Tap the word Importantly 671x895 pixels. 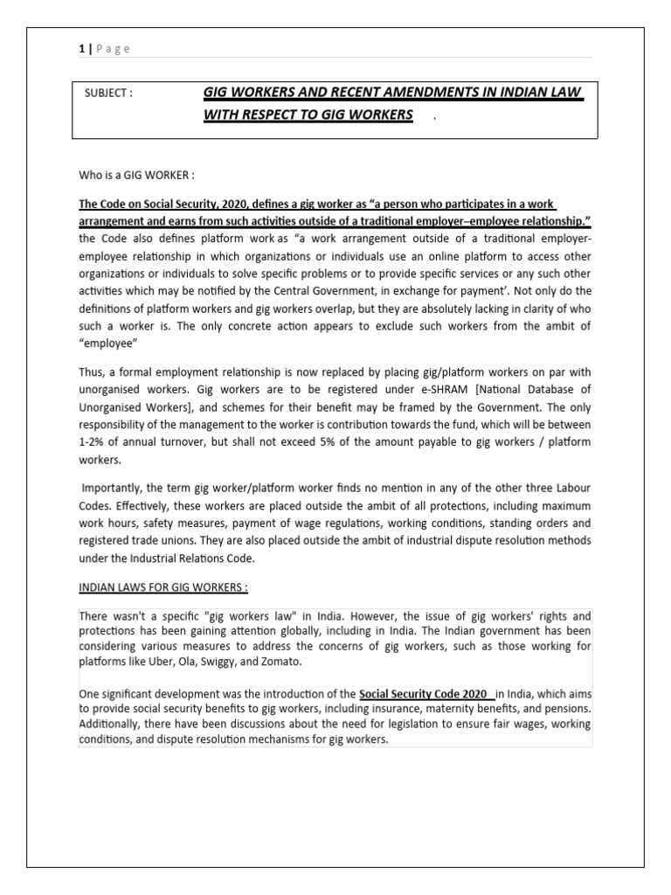tap(112, 489)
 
